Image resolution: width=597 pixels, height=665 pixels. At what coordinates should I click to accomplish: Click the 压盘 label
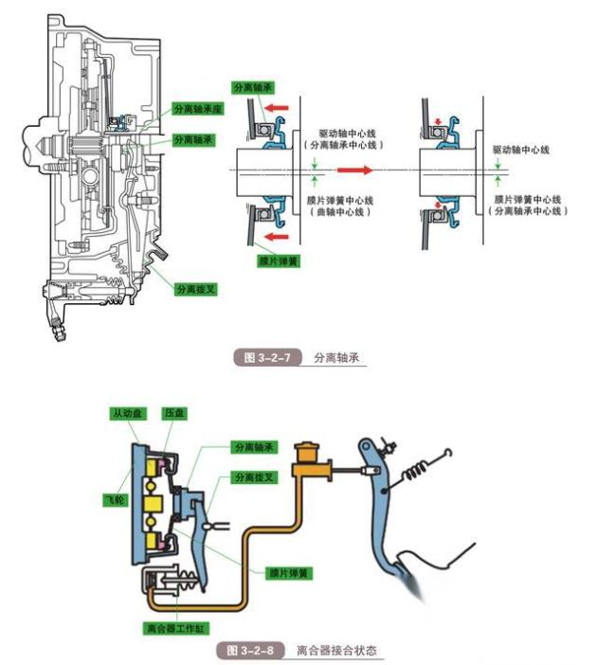point(173,413)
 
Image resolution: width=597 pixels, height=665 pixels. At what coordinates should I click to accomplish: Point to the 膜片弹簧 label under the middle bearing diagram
point(279,258)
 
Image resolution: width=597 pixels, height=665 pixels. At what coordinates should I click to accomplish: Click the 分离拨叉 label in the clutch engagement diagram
point(254,476)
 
